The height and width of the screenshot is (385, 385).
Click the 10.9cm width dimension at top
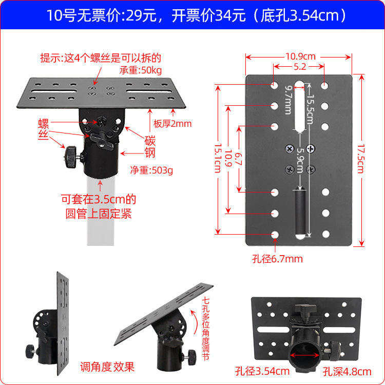300,56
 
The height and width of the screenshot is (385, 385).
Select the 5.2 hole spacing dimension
300,67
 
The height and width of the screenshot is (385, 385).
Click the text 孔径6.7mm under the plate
277,259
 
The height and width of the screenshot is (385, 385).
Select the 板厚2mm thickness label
172,124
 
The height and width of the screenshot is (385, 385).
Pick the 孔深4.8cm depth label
347,371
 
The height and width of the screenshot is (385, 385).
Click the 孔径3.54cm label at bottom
269,371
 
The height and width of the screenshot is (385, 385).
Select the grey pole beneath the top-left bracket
99,210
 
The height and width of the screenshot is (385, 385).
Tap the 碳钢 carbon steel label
150,146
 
